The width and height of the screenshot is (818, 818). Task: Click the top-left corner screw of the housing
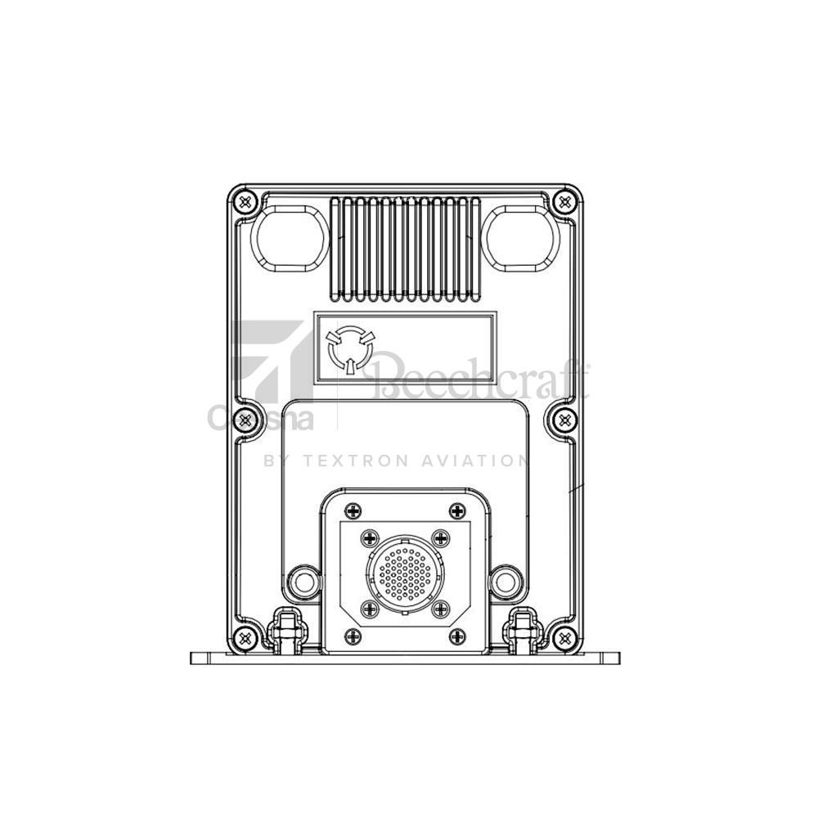pyautogui.click(x=245, y=200)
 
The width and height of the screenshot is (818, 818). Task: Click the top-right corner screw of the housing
pyautogui.click(x=564, y=200)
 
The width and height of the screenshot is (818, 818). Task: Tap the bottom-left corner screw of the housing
pyautogui.click(x=245, y=637)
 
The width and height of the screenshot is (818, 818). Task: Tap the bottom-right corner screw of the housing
pyautogui.click(x=564, y=637)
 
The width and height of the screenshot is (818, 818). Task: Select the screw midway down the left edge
pyautogui.click(x=245, y=419)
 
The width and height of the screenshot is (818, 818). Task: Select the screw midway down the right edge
pyautogui.click(x=564, y=419)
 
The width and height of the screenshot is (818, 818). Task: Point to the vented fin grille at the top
pyautogui.click(x=404, y=246)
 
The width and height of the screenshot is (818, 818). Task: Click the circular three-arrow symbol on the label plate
pyautogui.click(x=349, y=350)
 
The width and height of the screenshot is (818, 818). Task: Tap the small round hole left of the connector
pyautogui.click(x=304, y=582)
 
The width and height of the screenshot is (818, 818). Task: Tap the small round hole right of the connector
pyautogui.click(x=503, y=582)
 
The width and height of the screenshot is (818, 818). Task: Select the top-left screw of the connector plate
pyautogui.click(x=353, y=510)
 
